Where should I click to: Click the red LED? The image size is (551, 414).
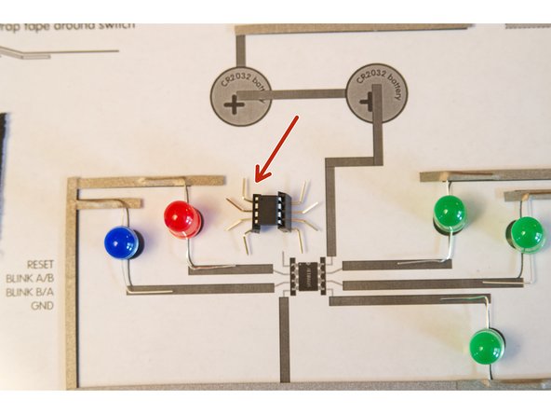(x=181, y=219)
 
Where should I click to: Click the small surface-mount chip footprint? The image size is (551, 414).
(x=305, y=275)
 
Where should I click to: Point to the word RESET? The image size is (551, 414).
(x=44, y=264)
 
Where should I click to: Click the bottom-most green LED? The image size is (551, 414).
(x=486, y=347)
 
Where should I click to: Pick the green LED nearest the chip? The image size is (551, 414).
(x=450, y=213)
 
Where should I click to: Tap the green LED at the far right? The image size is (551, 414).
(x=526, y=232)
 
